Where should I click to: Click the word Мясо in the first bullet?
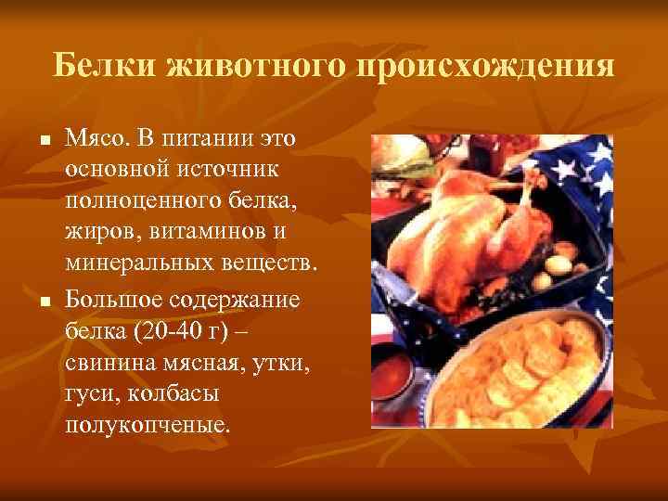(96, 139)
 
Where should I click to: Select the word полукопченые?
(146, 425)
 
